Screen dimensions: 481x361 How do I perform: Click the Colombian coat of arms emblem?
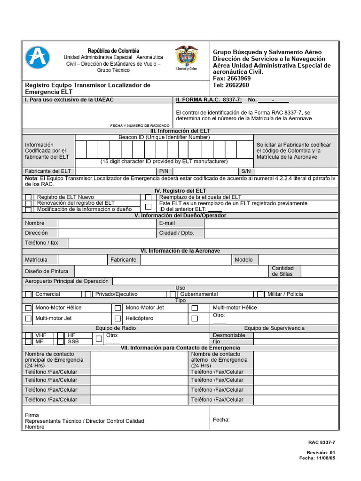coord(186,58)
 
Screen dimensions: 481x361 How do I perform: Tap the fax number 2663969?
coord(238,78)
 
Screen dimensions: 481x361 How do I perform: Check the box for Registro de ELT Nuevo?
coord(29,197)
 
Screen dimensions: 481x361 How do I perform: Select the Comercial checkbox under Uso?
coord(29,294)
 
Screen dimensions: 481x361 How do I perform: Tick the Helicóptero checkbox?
coord(118,318)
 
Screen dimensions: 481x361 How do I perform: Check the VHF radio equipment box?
coord(29,335)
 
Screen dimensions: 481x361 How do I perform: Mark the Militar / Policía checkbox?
coord(260,294)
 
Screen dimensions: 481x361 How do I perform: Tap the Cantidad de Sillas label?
coord(283,271)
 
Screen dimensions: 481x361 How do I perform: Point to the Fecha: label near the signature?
coord(221,420)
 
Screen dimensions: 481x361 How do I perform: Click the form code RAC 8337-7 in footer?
coord(322,442)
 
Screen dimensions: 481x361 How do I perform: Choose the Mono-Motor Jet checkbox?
coord(118,308)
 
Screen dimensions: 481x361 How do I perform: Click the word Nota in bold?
coord(31,179)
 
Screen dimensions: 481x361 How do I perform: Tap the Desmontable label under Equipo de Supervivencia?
coord(229,335)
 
